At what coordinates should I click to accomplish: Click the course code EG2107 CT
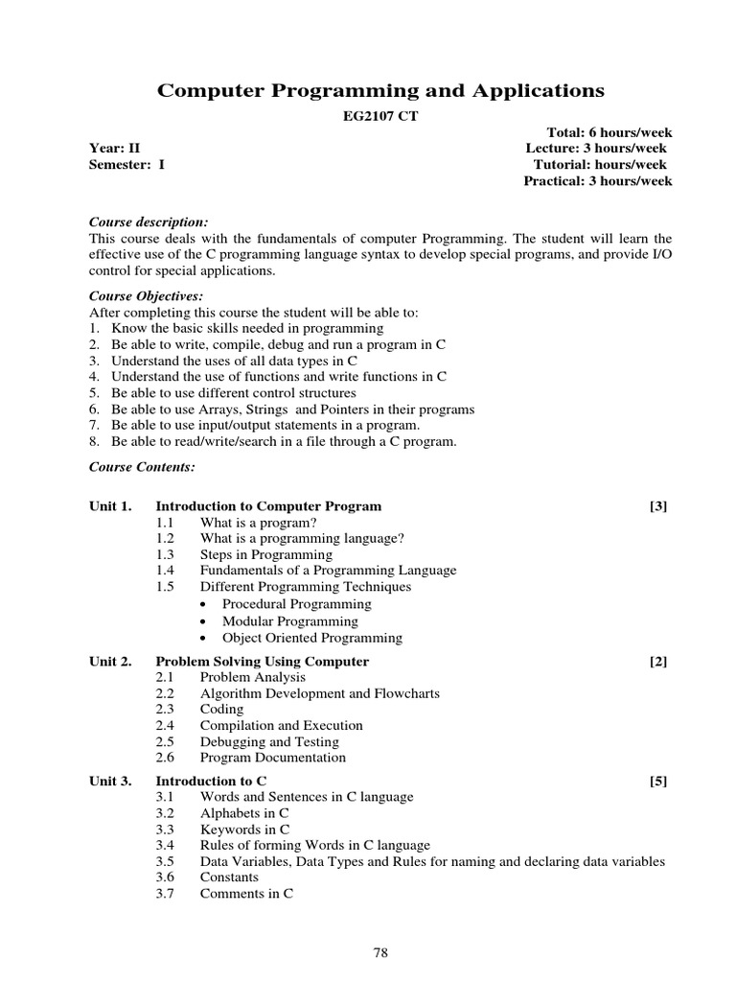380,116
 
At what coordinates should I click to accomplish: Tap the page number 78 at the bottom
380,952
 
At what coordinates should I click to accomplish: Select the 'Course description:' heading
148,222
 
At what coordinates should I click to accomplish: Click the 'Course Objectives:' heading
146,296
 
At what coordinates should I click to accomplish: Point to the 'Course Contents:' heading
142,467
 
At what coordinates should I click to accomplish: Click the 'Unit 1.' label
110,506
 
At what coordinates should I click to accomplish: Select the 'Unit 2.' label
110,662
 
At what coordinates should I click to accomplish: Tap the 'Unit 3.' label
110,782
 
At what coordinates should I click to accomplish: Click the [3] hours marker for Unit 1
657,506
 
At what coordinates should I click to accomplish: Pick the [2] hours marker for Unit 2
657,662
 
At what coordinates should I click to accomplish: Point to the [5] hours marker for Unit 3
657,782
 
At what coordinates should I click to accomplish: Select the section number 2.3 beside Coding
165,710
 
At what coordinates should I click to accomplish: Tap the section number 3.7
165,894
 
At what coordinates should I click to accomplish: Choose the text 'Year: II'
115,149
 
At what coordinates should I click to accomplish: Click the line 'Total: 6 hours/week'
609,132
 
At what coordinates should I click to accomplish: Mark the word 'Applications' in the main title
537,91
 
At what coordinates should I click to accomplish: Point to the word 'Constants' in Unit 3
229,877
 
